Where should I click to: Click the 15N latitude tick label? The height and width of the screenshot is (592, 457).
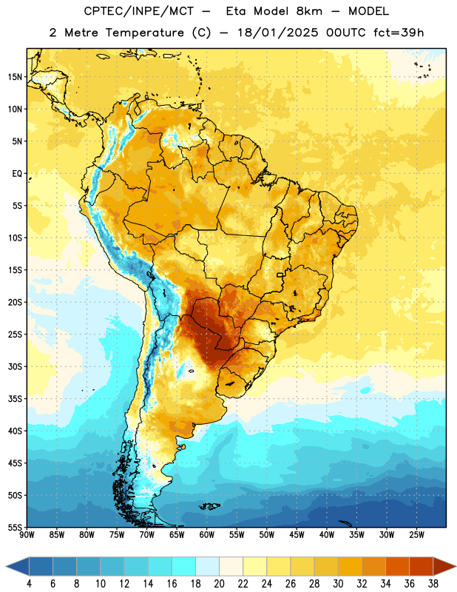[15, 77]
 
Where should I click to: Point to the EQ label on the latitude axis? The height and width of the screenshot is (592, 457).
[17, 174]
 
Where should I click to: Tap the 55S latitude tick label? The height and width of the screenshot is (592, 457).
[15, 527]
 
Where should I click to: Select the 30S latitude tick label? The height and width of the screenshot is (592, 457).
[15, 366]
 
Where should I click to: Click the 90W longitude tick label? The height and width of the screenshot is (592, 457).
[27, 534]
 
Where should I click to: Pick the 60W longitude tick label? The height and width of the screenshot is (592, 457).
[207, 534]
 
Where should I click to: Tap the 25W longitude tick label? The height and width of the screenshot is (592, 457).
[416, 534]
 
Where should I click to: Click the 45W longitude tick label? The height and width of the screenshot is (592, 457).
[297, 534]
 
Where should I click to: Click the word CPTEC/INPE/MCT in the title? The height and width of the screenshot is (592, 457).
[139, 12]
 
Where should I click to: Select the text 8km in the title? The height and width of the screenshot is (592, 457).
[309, 12]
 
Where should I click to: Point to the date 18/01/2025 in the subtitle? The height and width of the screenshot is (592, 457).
[278, 33]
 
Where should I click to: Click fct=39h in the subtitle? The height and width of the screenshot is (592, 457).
[399, 33]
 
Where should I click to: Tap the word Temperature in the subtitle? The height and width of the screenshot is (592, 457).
[144, 33]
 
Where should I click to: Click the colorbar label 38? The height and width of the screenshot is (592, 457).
[433, 584]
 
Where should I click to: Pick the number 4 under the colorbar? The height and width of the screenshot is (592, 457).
[30, 584]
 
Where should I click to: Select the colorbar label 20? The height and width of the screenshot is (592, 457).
[219, 584]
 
